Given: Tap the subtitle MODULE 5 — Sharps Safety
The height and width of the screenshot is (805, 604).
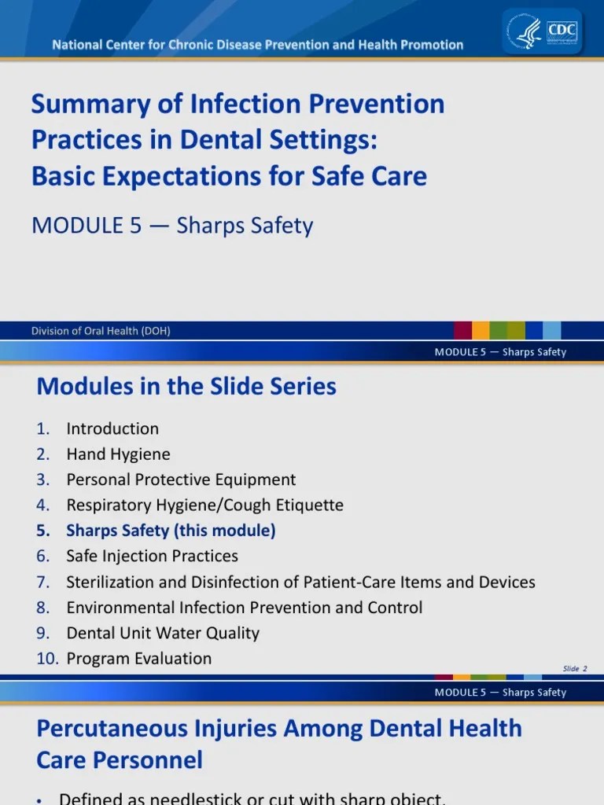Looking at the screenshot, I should pyautogui.click(x=172, y=226).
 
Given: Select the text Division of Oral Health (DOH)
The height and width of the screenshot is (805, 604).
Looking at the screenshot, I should pyautogui.click(x=101, y=331).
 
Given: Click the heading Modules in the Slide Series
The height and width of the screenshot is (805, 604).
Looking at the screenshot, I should pyautogui.click(x=186, y=387).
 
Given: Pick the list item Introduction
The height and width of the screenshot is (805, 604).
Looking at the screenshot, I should pyautogui.click(x=112, y=428).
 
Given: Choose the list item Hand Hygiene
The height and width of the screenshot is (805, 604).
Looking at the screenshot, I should pyautogui.click(x=118, y=454).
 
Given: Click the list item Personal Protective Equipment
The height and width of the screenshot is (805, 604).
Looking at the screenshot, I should pyautogui.click(x=181, y=480).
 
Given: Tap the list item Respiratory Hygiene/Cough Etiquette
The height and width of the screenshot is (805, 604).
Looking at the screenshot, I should pyautogui.click(x=204, y=505).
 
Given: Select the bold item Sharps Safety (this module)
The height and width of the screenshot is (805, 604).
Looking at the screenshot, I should pyautogui.click(x=171, y=531).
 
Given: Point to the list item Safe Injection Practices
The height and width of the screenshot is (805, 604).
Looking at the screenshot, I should pyautogui.click(x=152, y=556).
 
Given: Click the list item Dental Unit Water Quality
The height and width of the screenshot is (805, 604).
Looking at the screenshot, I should pyautogui.click(x=163, y=633).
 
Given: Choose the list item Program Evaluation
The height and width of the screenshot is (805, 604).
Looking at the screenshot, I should pyautogui.click(x=139, y=659).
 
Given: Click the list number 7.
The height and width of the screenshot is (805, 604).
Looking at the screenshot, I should pyautogui.click(x=43, y=583).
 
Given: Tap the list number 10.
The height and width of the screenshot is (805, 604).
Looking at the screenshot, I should pyautogui.click(x=47, y=659).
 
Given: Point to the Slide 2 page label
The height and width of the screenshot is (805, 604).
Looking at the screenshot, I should pyautogui.click(x=575, y=669).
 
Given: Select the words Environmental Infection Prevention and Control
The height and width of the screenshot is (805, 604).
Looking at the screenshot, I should pyautogui.click(x=245, y=608).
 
